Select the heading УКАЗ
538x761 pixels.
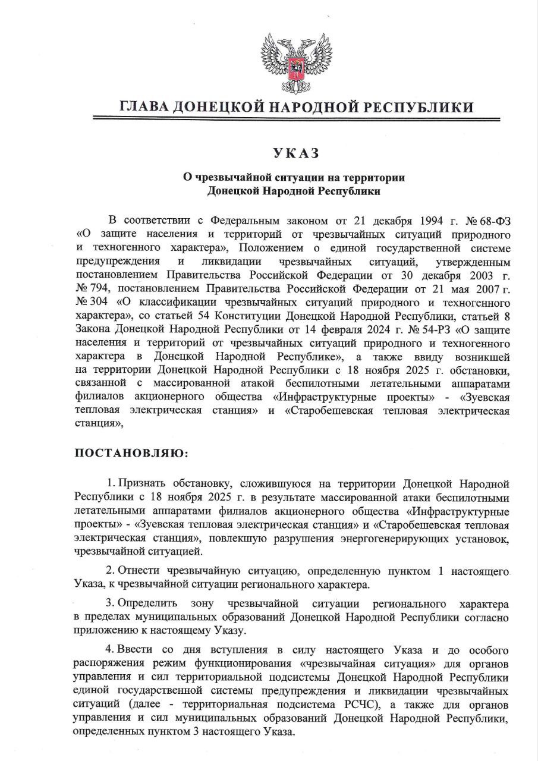(295, 153)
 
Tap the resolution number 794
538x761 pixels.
(95, 288)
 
